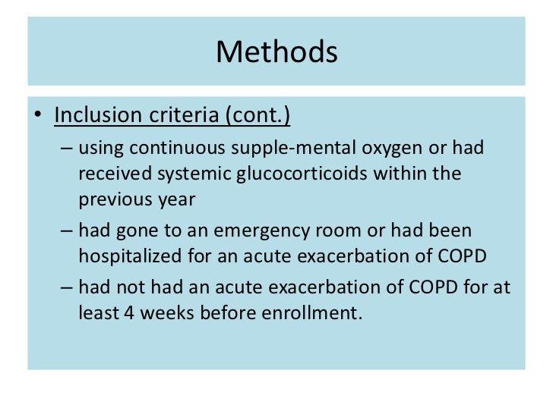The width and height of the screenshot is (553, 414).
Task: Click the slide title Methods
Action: (x=276, y=52)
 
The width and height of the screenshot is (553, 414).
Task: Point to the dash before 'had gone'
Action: (x=66, y=229)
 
